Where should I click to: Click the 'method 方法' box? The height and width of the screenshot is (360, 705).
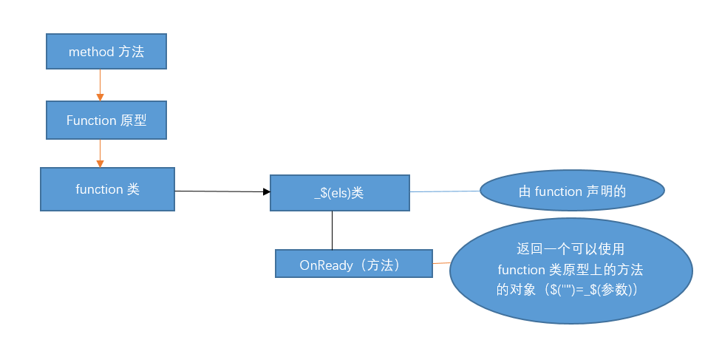(106, 52)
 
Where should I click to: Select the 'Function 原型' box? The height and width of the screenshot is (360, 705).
(106, 120)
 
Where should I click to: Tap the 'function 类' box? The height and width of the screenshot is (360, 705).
(107, 189)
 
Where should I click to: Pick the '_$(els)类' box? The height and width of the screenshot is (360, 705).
(339, 193)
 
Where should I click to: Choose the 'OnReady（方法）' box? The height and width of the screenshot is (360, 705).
(353, 264)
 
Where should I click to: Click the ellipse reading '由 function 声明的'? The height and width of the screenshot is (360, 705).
(573, 191)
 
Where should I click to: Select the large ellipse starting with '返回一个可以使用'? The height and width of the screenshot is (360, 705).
(571, 270)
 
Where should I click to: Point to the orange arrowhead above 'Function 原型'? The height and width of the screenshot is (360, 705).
(100, 97)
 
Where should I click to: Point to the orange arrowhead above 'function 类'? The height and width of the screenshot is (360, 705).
(100, 163)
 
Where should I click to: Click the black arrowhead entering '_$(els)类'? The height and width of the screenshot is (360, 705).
(266, 192)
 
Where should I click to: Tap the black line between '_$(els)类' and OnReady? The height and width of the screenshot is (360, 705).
(332, 230)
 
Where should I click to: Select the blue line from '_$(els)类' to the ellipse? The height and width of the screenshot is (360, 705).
(445, 191)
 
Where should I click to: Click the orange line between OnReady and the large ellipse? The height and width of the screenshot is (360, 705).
(441, 262)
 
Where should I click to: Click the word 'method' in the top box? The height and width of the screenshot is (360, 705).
(91, 52)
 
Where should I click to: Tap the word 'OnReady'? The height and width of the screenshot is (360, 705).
(326, 265)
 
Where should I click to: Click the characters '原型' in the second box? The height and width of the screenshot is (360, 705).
(133, 120)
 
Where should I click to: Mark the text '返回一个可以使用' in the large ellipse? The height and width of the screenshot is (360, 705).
(571, 250)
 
